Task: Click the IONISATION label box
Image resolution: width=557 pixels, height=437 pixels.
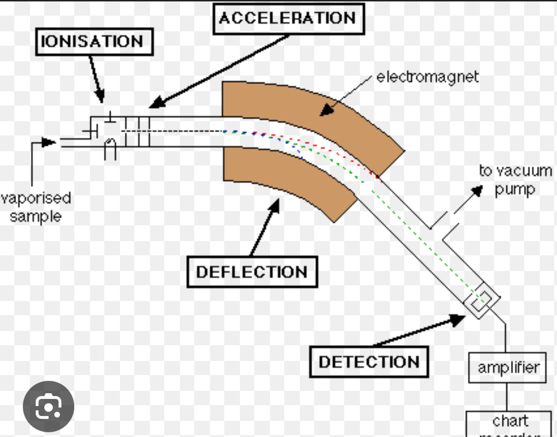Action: [94, 42]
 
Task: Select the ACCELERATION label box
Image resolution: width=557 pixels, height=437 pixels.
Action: [288, 19]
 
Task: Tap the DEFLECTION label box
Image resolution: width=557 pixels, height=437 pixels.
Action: [252, 272]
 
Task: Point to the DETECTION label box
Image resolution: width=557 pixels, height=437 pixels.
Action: [369, 362]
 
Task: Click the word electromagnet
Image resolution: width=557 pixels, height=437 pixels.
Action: [427, 77]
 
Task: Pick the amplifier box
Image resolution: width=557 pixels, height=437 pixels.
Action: [507, 368]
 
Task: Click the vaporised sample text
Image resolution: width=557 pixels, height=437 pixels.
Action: [36, 207]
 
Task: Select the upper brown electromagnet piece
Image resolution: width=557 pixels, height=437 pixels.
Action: [305, 114]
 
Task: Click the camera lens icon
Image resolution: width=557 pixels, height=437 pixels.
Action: [49, 407]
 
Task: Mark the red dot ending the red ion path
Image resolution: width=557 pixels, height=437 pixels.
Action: [378, 177]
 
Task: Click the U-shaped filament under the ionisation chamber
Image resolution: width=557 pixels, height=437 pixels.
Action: [110, 148]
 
